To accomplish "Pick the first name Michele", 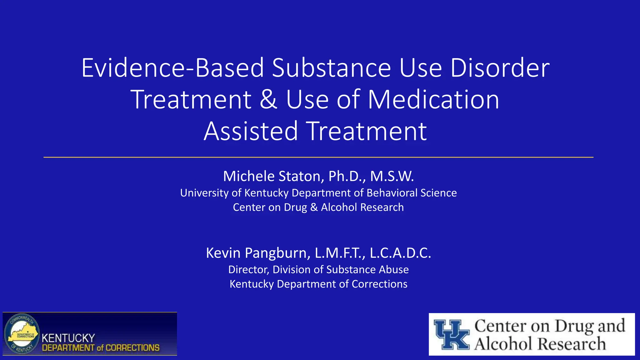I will click(x=249, y=176).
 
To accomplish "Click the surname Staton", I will click(x=299, y=176).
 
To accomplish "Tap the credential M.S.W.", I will click(x=392, y=176).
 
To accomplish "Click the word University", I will click(x=204, y=193).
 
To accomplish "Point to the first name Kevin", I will click(x=223, y=253).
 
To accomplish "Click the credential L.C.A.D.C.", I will click(x=400, y=253).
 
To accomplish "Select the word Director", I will click(x=249, y=270).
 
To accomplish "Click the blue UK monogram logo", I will click(x=452, y=335).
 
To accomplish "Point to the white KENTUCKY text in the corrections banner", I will click(x=68, y=338).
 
